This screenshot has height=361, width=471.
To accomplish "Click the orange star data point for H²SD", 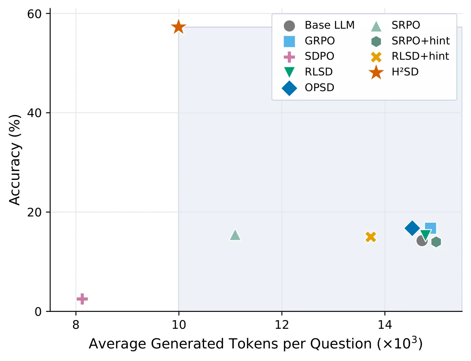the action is pos(178,27).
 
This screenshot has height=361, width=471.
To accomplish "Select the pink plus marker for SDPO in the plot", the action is pos(82,299).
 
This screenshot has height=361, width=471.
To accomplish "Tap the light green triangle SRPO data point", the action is pos(235,235).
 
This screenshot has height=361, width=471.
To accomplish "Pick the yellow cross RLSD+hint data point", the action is pos(371,237).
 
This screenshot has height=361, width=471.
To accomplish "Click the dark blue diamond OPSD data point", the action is pos(412,228).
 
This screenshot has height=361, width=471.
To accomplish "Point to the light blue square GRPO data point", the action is pos(431,228).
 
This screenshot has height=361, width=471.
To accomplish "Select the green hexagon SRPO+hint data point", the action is pos(436,242).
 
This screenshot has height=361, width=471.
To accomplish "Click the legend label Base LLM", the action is pos(329,25).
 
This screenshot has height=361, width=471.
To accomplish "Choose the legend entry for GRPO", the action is pos(320,41).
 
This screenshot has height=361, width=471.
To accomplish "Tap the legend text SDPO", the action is pos(319,56).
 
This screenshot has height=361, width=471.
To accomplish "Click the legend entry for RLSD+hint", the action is pos(420,56).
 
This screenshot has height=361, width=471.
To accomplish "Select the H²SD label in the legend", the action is pos(405,72).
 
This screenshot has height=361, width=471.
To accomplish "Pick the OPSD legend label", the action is pos(319,88).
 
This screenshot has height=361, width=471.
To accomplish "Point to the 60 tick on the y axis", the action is pos(34,14).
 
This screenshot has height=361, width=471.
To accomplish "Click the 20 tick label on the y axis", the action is pos(34,212).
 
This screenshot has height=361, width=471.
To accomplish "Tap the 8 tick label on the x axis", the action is pos(76,324).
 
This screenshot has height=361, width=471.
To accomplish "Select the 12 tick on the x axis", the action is pos(282,324).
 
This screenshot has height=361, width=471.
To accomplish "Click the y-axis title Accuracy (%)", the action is pos(15,159).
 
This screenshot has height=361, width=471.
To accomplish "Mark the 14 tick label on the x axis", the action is pos(385,324).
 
